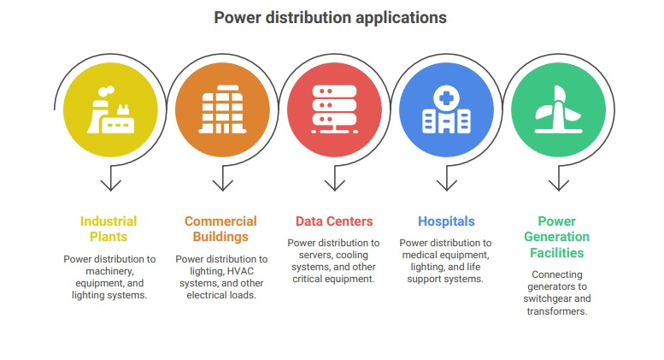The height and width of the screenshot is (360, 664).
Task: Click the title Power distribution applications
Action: point(331,18)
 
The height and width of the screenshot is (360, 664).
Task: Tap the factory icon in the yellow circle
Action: point(110,109)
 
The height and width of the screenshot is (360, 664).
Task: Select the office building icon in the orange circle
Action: point(222,109)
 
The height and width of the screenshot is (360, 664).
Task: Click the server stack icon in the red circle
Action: point(334,109)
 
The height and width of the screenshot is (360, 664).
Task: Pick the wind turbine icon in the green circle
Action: point(558,109)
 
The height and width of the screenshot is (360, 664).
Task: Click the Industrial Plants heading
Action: point(109,228)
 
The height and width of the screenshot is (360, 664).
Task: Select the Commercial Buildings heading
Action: point(220,228)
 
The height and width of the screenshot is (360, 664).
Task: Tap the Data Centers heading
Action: point(334,221)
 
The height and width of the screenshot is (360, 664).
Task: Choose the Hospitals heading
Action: point(446,221)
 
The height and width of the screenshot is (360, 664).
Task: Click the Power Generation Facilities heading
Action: point(557,237)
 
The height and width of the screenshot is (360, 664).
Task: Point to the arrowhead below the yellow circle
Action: point(111,186)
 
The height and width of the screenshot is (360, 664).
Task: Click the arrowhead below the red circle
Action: point(335,186)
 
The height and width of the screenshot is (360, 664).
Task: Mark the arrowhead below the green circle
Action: point(559,186)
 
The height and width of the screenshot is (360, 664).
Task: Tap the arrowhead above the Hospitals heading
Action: point(447,186)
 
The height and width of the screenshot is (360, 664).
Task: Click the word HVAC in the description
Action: point(239,271)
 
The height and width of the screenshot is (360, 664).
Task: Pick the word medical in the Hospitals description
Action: point(419,255)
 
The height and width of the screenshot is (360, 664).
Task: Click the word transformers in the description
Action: point(557,311)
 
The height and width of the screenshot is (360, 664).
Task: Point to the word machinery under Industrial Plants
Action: point(109,271)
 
